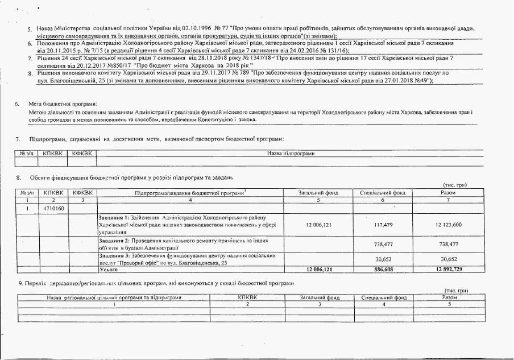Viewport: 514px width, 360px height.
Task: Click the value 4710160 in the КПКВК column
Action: (54, 209)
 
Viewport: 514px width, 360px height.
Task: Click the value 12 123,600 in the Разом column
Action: (448, 225)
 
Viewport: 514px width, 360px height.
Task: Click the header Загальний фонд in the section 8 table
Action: (318, 193)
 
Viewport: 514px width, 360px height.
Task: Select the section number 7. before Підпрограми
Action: (18, 139)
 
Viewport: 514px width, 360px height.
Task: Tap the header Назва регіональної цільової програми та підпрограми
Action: (114, 297)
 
